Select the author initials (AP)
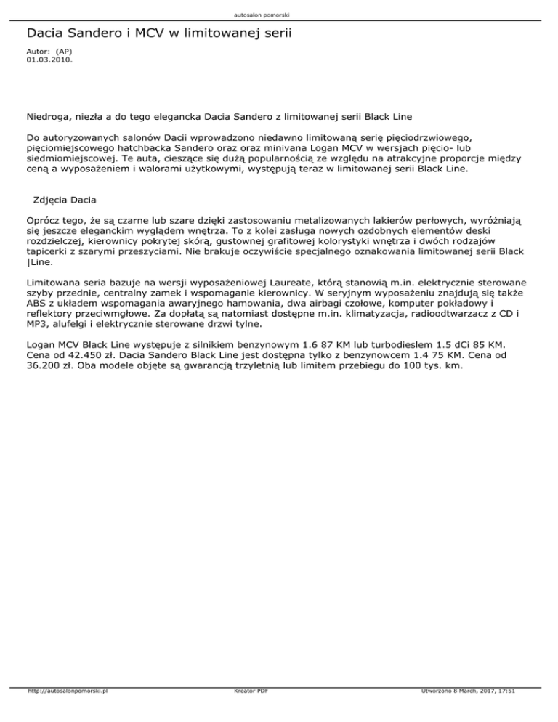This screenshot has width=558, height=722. pyautogui.click(x=64, y=52)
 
